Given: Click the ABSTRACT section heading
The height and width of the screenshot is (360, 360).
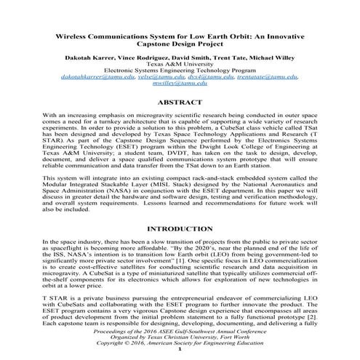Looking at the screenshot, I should click(x=180, y=103).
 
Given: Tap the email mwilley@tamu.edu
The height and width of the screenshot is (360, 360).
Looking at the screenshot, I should click(x=180, y=84).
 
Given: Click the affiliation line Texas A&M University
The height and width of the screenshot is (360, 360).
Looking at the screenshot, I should click(x=180, y=60).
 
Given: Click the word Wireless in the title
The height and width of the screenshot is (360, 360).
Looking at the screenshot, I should click(x=77, y=36).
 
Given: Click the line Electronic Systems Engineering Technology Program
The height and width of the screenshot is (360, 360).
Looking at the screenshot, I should click(x=180, y=68).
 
